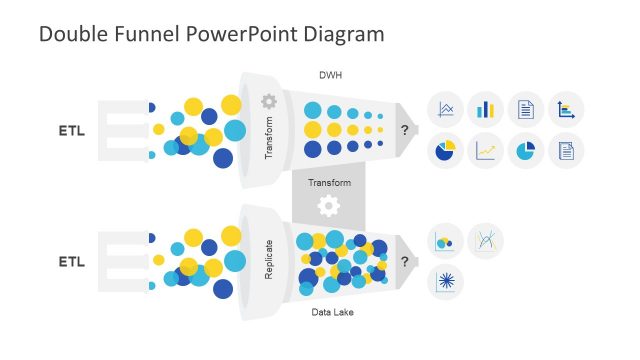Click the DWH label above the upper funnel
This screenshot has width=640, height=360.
(x=330, y=74)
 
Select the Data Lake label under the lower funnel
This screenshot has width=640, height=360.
(x=330, y=313)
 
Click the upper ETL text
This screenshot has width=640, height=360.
(x=71, y=131)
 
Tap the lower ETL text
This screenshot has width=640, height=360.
(x=71, y=262)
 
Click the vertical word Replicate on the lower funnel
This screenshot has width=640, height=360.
(x=269, y=259)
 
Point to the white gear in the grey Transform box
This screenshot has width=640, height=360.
(x=328, y=206)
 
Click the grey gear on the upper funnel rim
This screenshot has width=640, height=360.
(x=268, y=101)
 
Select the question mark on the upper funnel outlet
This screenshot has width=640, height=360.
(x=404, y=130)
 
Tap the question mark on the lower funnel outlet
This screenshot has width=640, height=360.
(x=404, y=262)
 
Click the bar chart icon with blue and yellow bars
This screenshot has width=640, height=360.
(x=486, y=109)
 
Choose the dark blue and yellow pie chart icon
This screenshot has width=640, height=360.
(x=445, y=151)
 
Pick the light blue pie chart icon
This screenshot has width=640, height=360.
(x=525, y=151)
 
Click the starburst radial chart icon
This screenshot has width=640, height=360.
(x=445, y=282)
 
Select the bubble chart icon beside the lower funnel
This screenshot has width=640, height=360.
(x=445, y=241)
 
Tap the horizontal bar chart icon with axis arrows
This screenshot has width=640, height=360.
(x=566, y=109)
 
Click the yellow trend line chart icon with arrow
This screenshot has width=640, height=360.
(x=486, y=151)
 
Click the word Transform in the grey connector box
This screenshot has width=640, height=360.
(x=329, y=183)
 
